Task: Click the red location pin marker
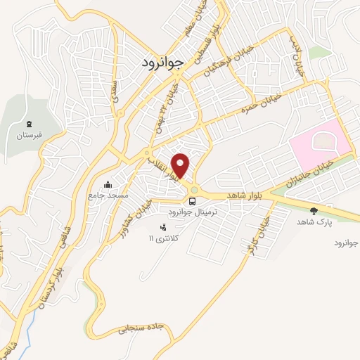point(181,165)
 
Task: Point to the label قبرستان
point(30,134)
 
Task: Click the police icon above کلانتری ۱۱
point(164,227)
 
